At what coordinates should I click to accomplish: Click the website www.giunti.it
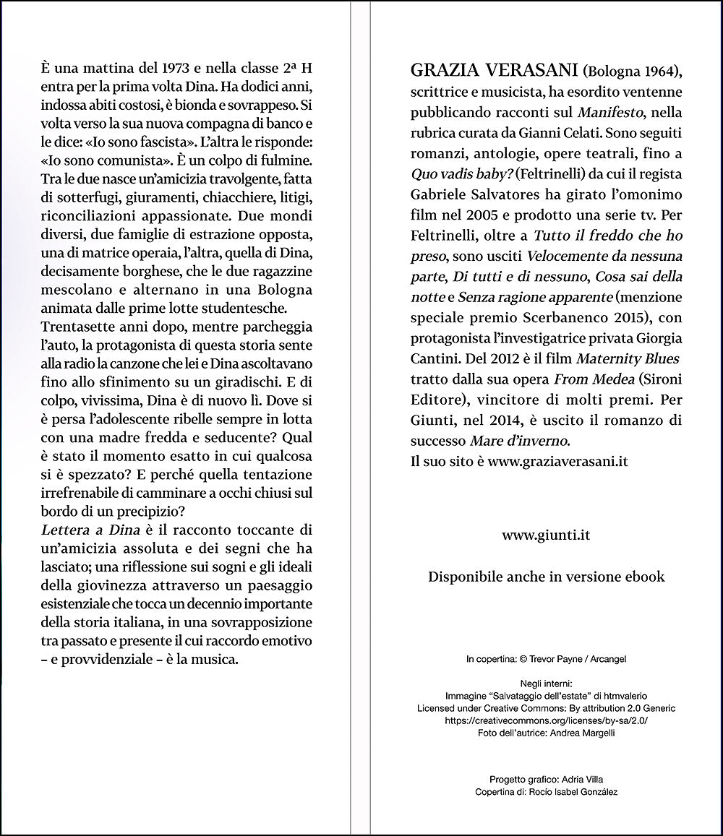pyautogui.click(x=546, y=535)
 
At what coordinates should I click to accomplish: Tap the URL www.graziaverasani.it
pyautogui.click(x=557, y=462)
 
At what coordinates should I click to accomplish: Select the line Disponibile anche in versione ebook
pyautogui.click(x=546, y=577)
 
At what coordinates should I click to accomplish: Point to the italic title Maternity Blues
pyautogui.click(x=628, y=358)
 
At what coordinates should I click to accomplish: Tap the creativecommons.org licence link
pyautogui.click(x=546, y=720)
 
